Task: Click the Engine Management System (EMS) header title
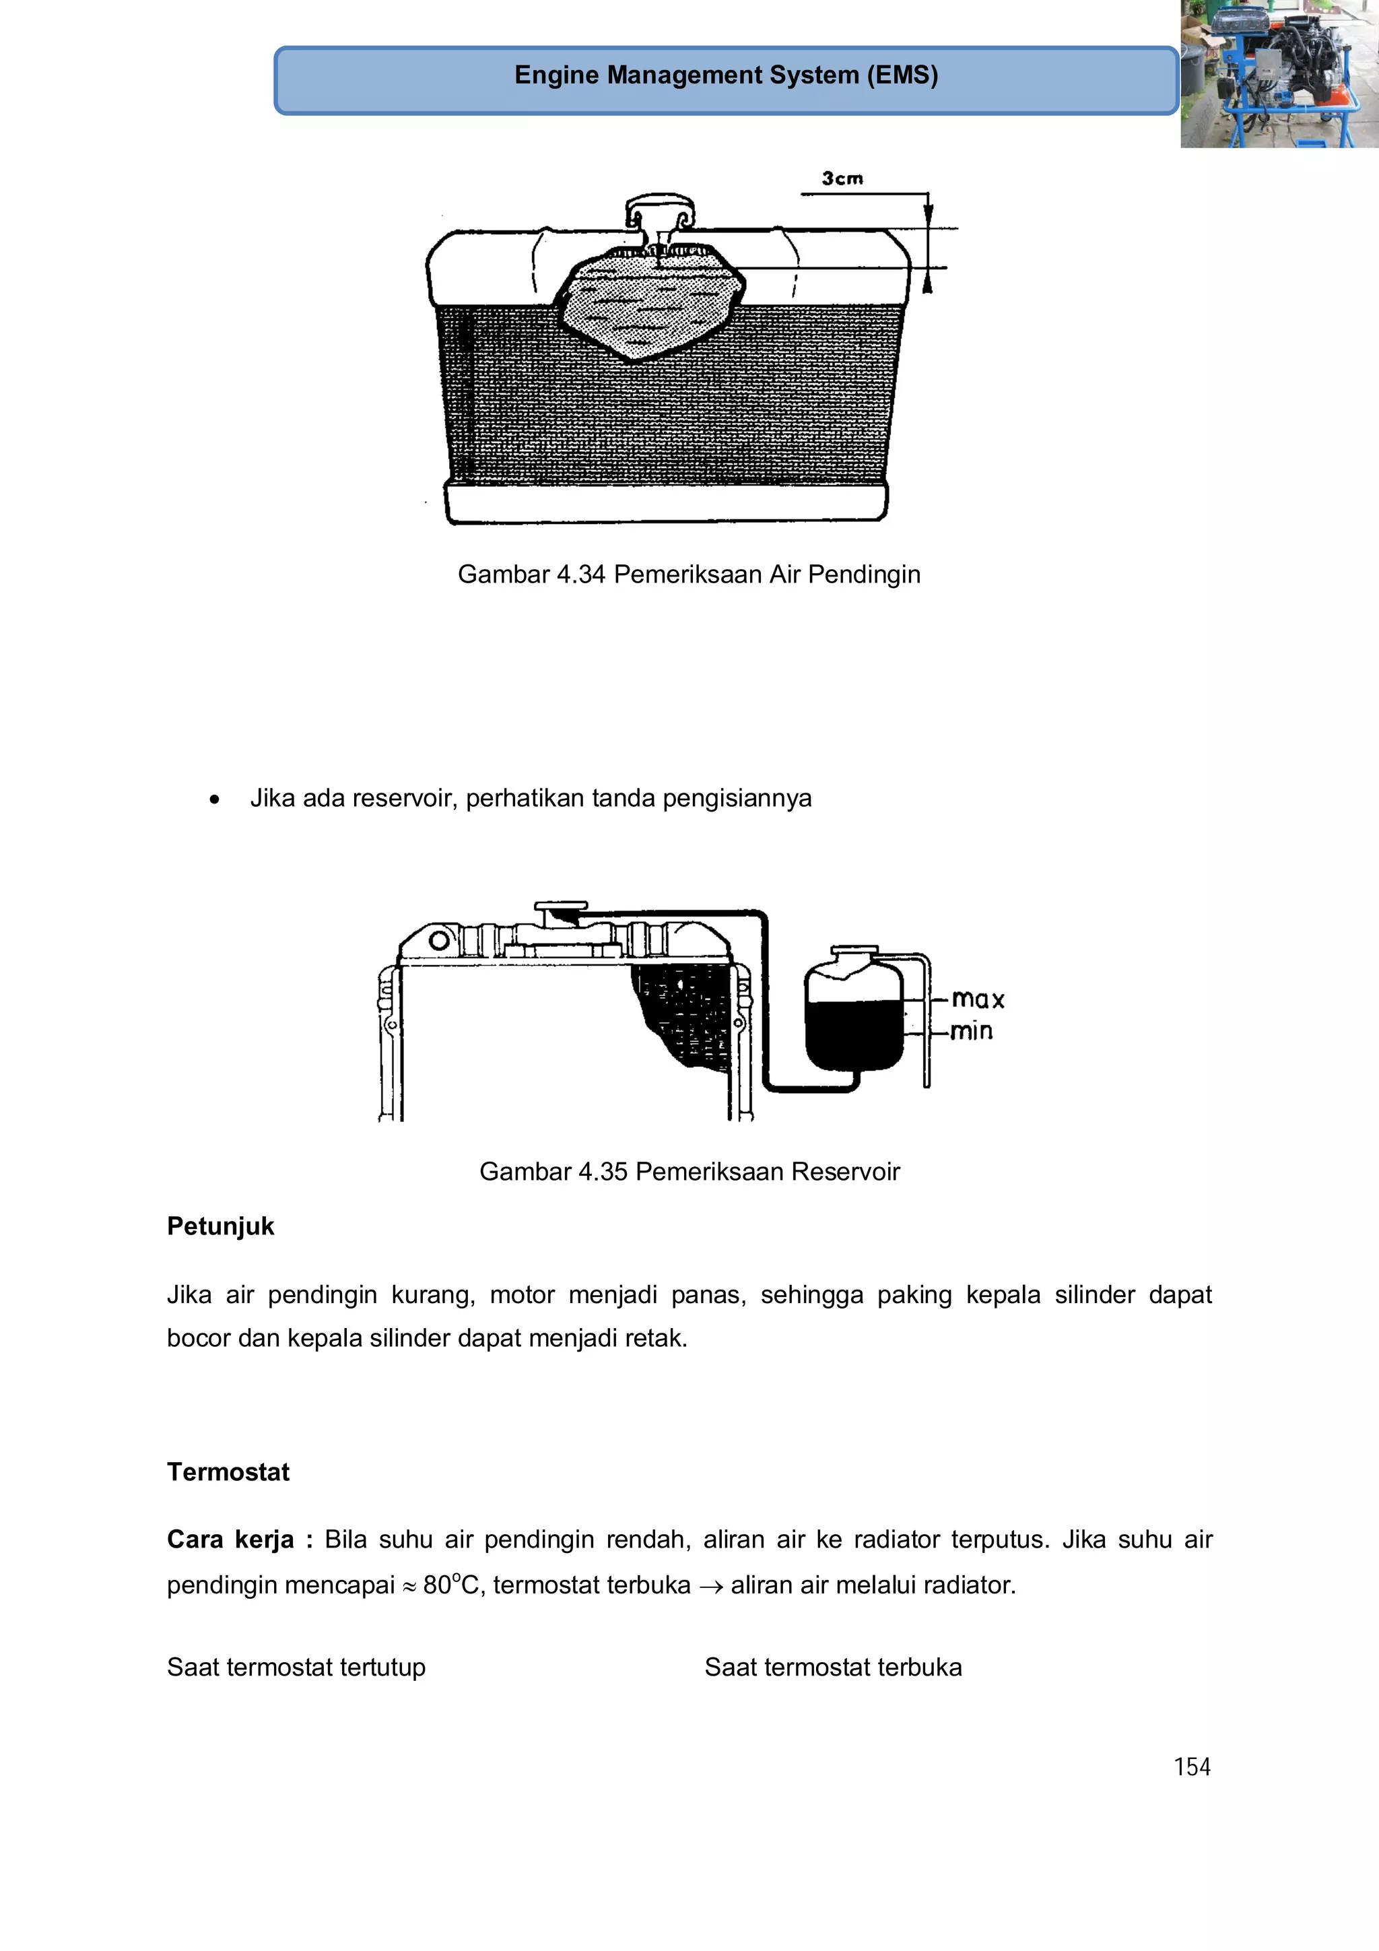point(726,75)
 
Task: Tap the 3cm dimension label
point(842,178)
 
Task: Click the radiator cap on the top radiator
point(660,207)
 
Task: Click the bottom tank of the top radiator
point(666,502)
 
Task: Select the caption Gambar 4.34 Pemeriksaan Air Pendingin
point(688,574)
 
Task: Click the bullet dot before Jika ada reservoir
point(215,799)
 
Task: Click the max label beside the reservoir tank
point(977,999)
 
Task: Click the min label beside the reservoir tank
point(971,1032)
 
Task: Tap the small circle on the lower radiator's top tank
point(439,941)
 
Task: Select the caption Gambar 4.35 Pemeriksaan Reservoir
point(689,1172)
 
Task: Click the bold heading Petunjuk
point(220,1226)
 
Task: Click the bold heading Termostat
point(228,1471)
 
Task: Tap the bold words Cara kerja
point(230,1539)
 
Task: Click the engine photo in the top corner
point(1279,75)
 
